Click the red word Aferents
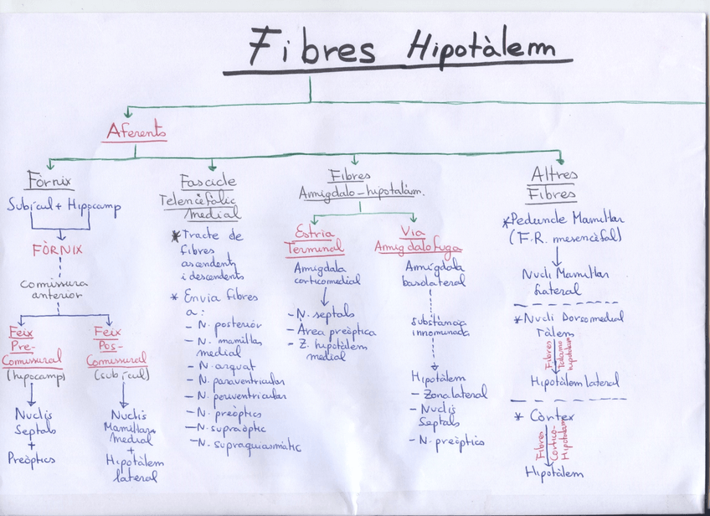pyautogui.click(x=136, y=132)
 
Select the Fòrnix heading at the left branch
pyautogui.click(x=49, y=180)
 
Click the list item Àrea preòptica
pyautogui.click(x=336, y=331)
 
